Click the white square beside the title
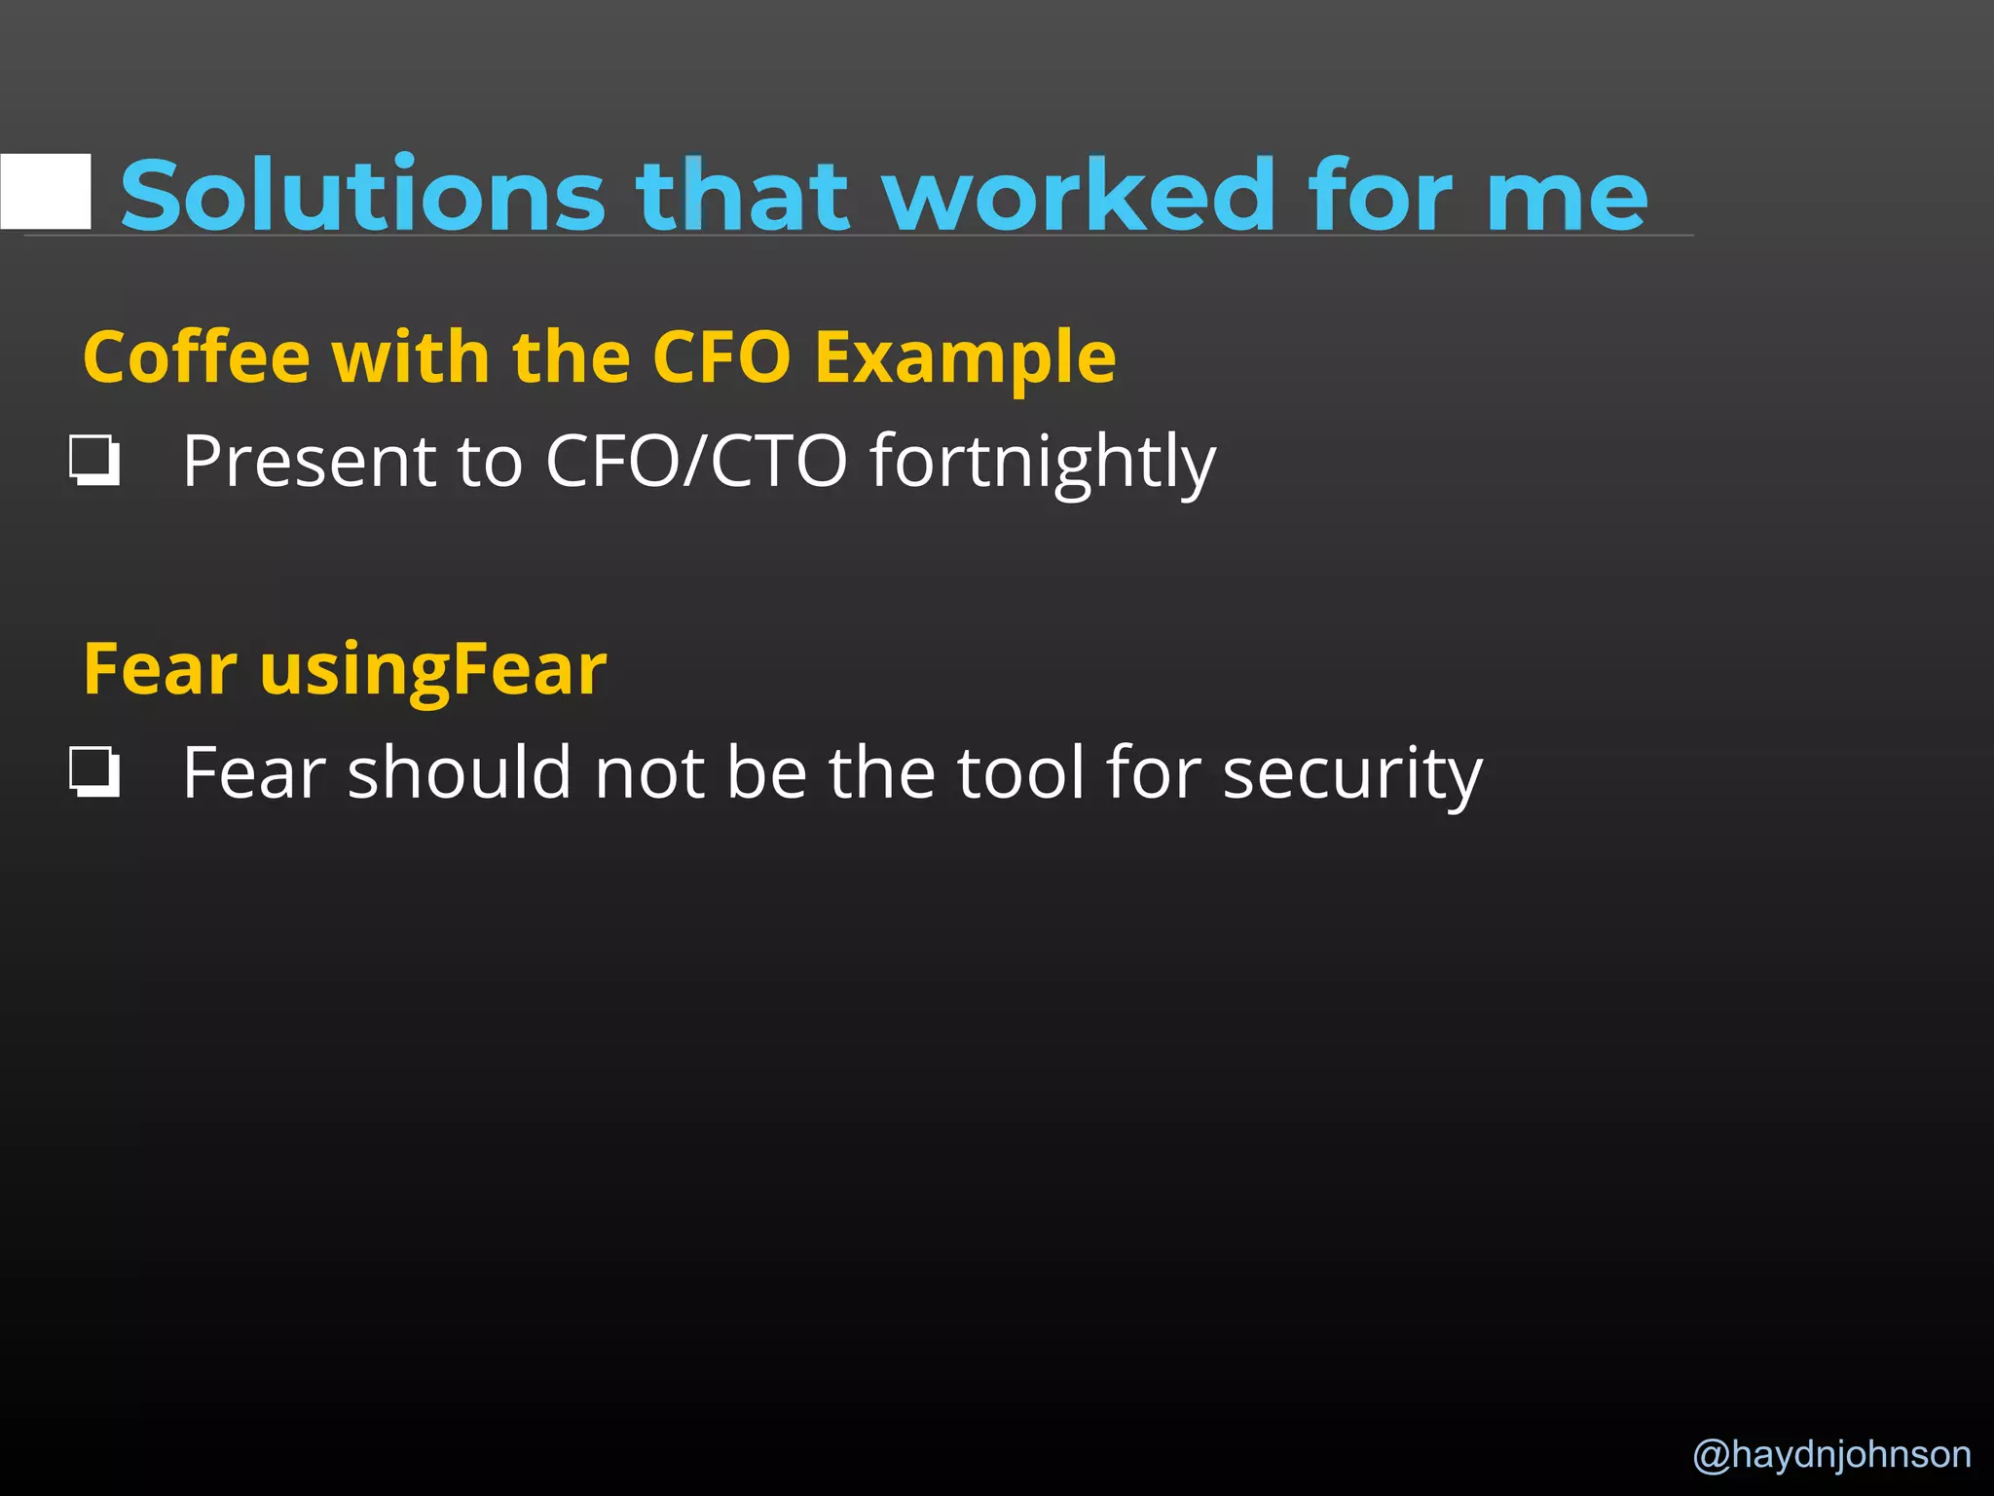coord(46,191)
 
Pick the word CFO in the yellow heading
coord(721,357)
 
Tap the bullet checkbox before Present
coord(94,461)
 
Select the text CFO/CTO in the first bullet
coord(696,461)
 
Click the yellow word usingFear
coord(433,671)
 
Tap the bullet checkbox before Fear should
coord(94,772)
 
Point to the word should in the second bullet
coord(459,772)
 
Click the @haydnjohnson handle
coord(1831,1454)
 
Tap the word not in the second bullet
coord(649,772)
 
